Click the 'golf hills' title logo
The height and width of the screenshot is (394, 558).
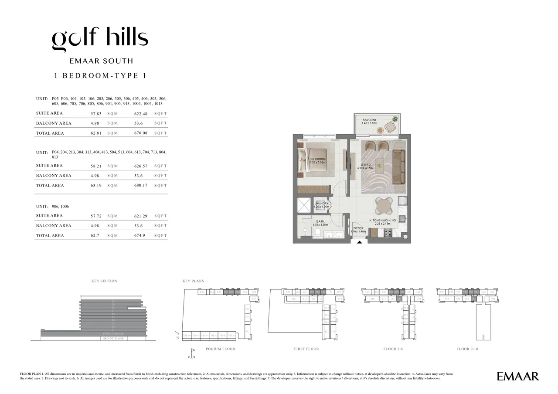click(x=100, y=39)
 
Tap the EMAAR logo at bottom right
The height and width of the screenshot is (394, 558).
click(x=517, y=376)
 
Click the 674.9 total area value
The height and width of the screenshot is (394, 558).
click(x=140, y=236)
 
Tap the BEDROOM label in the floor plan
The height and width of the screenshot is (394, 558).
click(x=318, y=160)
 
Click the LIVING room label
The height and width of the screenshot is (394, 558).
click(x=365, y=165)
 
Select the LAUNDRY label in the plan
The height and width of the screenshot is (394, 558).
click(x=322, y=204)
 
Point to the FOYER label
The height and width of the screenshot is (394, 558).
click(x=358, y=228)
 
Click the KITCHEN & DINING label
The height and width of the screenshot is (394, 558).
click(x=383, y=221)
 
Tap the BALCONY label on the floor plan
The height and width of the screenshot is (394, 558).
click(x=369, y=120)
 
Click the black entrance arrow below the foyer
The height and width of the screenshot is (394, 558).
click(x=359, y=242)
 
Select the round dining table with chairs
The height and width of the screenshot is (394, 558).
click(x=384, y=205)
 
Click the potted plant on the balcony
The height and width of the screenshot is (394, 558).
click(x=395, y=119)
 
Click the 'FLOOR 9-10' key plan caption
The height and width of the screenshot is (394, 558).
click(x=467, y=349)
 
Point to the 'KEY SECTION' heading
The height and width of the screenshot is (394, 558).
click(x=104, y=281)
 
